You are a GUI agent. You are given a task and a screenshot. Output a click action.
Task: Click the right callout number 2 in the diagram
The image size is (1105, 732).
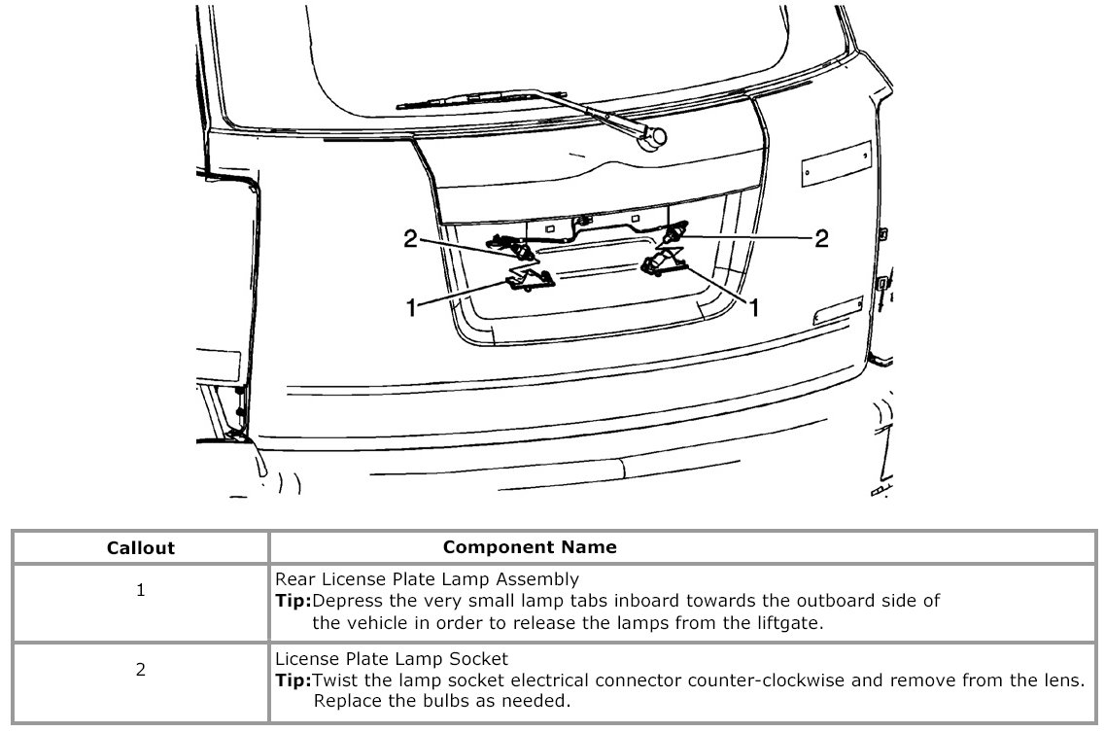point(821,238)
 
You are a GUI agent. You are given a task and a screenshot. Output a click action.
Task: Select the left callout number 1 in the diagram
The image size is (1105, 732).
point(411,306)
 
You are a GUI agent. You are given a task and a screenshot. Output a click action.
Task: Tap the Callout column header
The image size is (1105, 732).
point(140,547)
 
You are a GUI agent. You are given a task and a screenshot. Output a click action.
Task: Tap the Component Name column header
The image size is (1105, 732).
point(529,546)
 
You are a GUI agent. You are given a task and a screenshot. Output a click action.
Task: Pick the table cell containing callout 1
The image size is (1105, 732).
point(140,590)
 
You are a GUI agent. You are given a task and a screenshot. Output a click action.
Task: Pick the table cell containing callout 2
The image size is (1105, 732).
point(140,669)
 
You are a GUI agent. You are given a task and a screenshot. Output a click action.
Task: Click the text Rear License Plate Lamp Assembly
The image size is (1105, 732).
point(428,580)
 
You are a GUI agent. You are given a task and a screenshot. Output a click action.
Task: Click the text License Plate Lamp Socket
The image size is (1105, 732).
point(392,660)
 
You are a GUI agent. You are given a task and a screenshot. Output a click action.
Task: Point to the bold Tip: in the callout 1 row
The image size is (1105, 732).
point(294,601)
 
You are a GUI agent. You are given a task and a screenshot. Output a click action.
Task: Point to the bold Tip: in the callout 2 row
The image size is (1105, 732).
point(294,680)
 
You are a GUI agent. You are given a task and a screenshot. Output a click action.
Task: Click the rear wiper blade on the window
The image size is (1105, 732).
point(457,97)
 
